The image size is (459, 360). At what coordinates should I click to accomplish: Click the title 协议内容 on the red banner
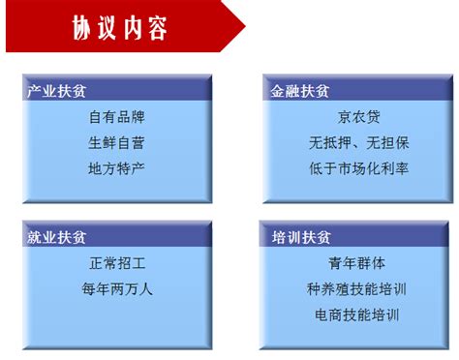click(120, 28)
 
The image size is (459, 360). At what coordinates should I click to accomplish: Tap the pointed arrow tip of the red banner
click(245, 26)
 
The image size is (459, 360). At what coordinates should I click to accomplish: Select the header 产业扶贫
click(57, 91)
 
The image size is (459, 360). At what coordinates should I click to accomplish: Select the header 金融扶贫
click(300, 91)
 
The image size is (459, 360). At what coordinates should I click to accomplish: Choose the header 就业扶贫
click(57, 237)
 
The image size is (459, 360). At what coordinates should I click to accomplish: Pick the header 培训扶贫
click(301, 237)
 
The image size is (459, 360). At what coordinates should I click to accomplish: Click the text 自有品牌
click(117, 117)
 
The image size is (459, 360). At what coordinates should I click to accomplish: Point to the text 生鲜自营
click(116, 142)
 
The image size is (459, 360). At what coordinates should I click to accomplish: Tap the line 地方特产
click(116, 168)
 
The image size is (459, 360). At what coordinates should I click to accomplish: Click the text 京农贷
click(359, 117)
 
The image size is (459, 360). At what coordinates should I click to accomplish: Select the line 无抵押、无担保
click(359, 142)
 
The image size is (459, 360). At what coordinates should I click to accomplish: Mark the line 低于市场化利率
click(359, 168)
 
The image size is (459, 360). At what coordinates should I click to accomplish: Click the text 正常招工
click(117, 263)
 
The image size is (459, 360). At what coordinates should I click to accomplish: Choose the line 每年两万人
click(117, 288)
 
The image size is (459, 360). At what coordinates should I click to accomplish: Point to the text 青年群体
click(357, 263)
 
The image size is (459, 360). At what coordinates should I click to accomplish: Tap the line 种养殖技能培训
click(356, 288)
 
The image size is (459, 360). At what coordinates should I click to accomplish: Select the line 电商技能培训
click(357, 315)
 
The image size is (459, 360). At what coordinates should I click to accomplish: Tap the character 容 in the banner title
click(158, 28)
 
